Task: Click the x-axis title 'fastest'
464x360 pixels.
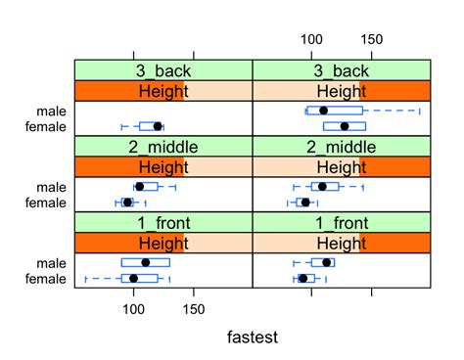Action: pos(252,337)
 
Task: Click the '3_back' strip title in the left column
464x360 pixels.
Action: pos(163,70)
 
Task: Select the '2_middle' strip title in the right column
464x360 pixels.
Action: pos(341,147)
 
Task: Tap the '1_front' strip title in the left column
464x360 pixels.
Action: pos(163,223)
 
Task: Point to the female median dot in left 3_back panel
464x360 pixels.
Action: pos(158,126)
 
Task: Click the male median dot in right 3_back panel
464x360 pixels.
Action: pos(324,111)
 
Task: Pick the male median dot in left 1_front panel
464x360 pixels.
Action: pos(146,262)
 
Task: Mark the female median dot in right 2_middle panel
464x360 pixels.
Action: pos(305,202)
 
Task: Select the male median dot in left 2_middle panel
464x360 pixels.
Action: pos(139,186)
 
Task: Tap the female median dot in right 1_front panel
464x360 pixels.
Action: pos(302,279)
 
